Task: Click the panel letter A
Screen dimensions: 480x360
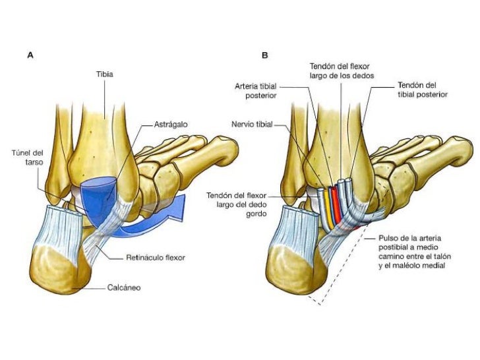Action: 30,56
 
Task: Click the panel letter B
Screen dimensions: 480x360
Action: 265,56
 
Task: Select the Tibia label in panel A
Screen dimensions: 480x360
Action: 105,75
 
